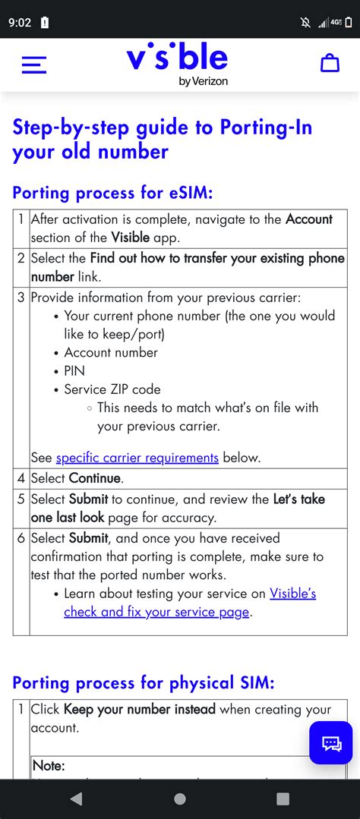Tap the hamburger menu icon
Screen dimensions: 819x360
pyautogui.click(x=34, y=65)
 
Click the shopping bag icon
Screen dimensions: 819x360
pyautogui.click(x=330, y=64)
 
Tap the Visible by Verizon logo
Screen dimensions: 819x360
pyautogui.click(x=178, y=65)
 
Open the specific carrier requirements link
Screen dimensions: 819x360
pyautogui.click(x=137, y=458)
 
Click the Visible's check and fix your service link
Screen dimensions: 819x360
pyautogui.click(x=189, y=603)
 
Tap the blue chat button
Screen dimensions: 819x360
pyautogui.click(x=331, y=742)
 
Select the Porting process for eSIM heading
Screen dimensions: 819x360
pyautogui.click(x=112, y=193)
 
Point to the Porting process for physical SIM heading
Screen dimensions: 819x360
pyautogui.click(x=144, y=682)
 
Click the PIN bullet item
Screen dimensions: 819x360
pyautogui.click(x=74, y=371)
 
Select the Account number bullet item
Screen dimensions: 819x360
pyautogui.click(x=111, y=352)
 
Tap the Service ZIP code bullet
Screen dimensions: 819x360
pyautogui.click(x=112, y=389)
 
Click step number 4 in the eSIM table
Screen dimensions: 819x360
pyautogui.click(x=21, y=479)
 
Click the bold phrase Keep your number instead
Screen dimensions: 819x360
pyautogui.click(x=140, y=710)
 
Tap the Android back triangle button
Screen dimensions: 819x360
pyautogui.click(x=76, y=799)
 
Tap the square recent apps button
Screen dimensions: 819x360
pyautogui.click(x=283, y=799)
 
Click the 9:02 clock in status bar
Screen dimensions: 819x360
pyautogui.click(x=20, y=22)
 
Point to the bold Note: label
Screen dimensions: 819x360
pyautogui.click(x=49, y=766)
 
